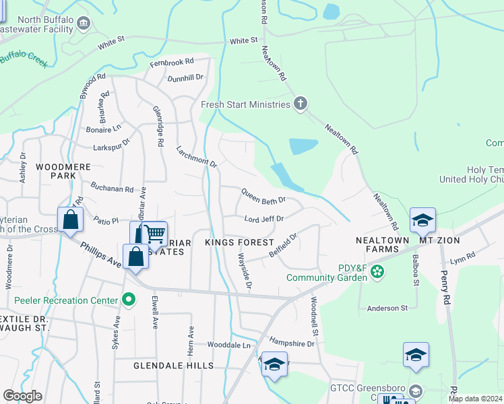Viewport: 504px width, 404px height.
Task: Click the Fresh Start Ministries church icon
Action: click(x=301, y=104)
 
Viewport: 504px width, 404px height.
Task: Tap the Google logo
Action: click(x=22, y=396)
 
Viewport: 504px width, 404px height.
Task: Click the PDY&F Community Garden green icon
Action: click(x=377, y=271)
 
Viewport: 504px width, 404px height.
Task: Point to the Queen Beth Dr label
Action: click(x=263, y=200)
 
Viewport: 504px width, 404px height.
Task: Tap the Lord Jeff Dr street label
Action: click(x=263, y=219)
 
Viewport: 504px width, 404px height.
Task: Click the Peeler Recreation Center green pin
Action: click(x=127, y=298)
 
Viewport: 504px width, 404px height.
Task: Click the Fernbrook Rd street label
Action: click(x=171, y=63)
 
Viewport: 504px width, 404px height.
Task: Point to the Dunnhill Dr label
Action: click(x=185, y=77)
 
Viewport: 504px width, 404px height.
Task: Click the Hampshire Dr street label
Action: click(x=292, y=343)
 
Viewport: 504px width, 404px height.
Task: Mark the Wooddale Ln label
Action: click(x=228, y=345)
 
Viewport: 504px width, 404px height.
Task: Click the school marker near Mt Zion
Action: click(x=422, y=220)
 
